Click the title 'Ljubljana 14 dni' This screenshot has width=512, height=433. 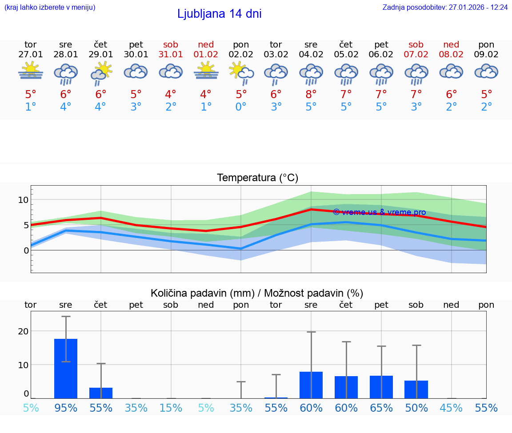[219, 14]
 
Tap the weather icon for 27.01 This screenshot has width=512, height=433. [31, 72]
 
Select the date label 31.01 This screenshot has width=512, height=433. [171, 54]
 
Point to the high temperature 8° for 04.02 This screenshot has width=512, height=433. [311, 94]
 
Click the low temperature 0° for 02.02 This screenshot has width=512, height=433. [241, 107]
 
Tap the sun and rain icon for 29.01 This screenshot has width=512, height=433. [101, 72]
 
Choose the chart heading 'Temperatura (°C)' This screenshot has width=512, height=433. [257, 178]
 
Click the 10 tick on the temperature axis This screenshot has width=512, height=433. [23, 200]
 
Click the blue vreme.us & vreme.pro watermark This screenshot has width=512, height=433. [379, 212]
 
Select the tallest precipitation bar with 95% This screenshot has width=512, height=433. [66, 369]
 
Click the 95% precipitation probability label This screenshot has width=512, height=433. [66, 408]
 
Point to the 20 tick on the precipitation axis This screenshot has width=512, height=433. [23, 331]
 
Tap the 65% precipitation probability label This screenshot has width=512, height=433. [381, 408]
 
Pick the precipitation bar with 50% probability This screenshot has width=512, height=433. [416, 389]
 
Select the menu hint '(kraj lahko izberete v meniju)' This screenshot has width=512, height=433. [50, 8]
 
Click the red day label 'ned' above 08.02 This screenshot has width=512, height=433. [451, 44]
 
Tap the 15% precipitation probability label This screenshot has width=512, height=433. [171, 408]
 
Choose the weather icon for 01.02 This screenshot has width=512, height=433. [206, 72]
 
